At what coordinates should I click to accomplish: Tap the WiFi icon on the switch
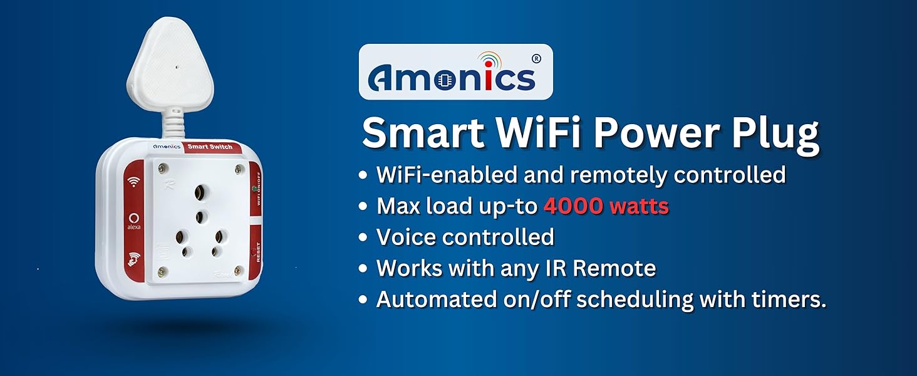coord(133,182)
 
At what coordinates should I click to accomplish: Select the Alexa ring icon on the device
coord(133,219)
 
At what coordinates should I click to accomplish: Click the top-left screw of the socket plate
coord(164,168)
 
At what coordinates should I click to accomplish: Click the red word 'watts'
coord(642,206)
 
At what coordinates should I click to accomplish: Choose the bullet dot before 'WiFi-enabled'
coord(363,175)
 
